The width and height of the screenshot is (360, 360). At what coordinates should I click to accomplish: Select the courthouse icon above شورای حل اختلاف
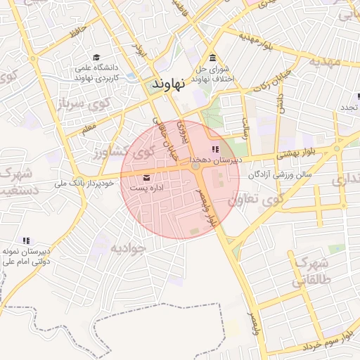(212, 58)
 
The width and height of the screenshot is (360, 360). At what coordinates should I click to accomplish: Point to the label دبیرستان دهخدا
(215, 160)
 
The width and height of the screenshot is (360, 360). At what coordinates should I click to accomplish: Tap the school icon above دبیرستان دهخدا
(215, 149)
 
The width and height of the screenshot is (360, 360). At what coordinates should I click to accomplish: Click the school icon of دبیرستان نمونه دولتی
(27, 240)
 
